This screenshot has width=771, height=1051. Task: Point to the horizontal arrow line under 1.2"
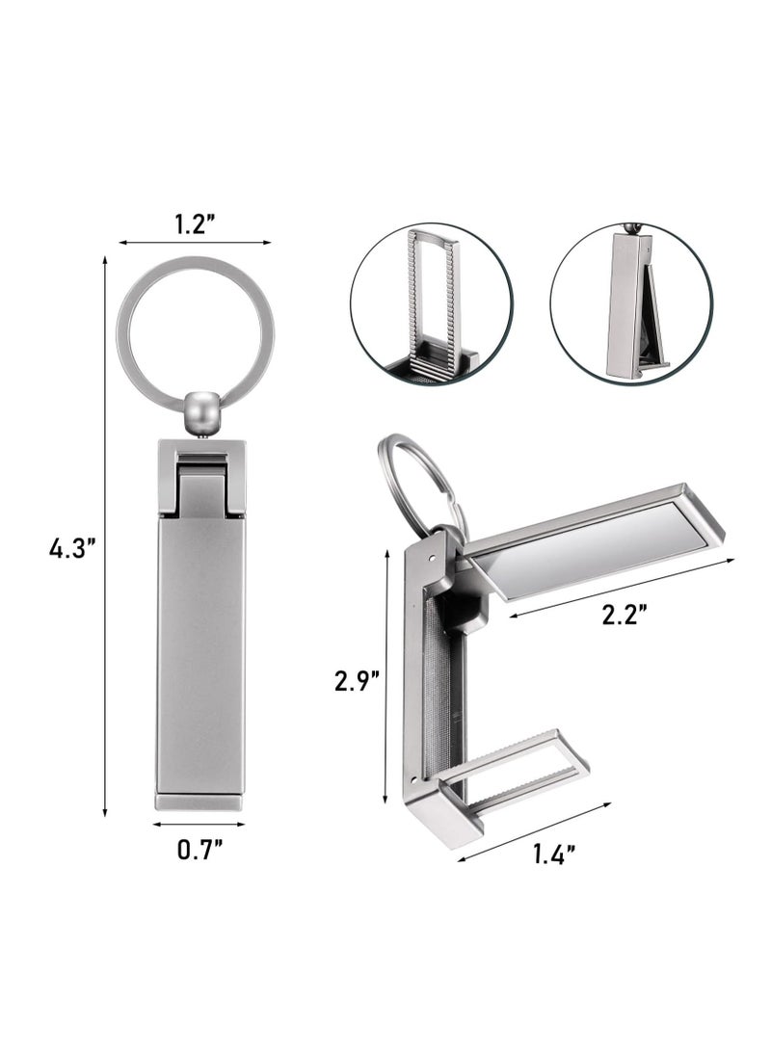195,243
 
